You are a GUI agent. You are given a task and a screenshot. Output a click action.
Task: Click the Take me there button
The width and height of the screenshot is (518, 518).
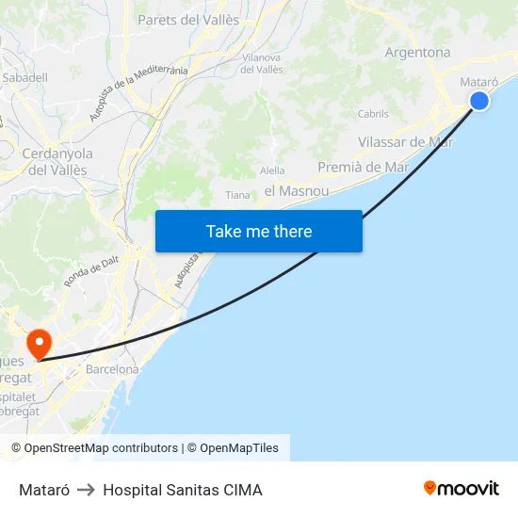(258, 232)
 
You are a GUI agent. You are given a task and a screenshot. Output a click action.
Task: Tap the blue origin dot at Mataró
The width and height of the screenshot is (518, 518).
(479, 100)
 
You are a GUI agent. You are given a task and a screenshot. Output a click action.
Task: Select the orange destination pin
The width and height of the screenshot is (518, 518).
(40, 343)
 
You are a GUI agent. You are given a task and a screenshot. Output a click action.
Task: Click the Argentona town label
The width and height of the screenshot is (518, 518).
(417, 53)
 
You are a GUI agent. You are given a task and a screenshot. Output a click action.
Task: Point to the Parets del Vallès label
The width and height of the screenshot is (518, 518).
(188, 19)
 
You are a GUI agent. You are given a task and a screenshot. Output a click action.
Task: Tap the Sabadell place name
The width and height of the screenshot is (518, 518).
(24, 77)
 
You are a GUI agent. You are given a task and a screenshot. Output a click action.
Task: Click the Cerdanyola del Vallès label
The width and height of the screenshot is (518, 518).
(57, 161)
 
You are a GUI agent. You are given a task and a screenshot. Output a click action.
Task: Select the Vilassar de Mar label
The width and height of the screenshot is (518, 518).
(406, 142)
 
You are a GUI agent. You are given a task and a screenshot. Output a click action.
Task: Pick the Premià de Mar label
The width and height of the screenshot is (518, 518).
(364, 167)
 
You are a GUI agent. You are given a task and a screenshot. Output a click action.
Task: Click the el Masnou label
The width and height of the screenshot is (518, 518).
(297, 191)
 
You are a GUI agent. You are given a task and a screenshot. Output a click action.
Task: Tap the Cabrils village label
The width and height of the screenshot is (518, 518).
(373, 114)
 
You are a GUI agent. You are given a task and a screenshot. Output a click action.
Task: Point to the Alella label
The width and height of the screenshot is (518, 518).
(272, 170)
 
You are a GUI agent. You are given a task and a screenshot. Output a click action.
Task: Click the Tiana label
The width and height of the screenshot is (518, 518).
(238, 195)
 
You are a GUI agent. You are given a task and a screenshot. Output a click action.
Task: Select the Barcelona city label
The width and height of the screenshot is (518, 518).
(112, 369)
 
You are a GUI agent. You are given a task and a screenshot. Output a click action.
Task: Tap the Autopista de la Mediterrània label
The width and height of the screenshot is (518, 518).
(138, 93)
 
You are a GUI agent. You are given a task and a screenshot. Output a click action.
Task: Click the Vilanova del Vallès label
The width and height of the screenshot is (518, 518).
(263, 63)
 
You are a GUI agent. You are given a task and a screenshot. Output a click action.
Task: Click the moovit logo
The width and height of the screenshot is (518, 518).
(461, 488)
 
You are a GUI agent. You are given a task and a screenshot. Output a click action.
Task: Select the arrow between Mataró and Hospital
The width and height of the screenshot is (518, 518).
(86, 490)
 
